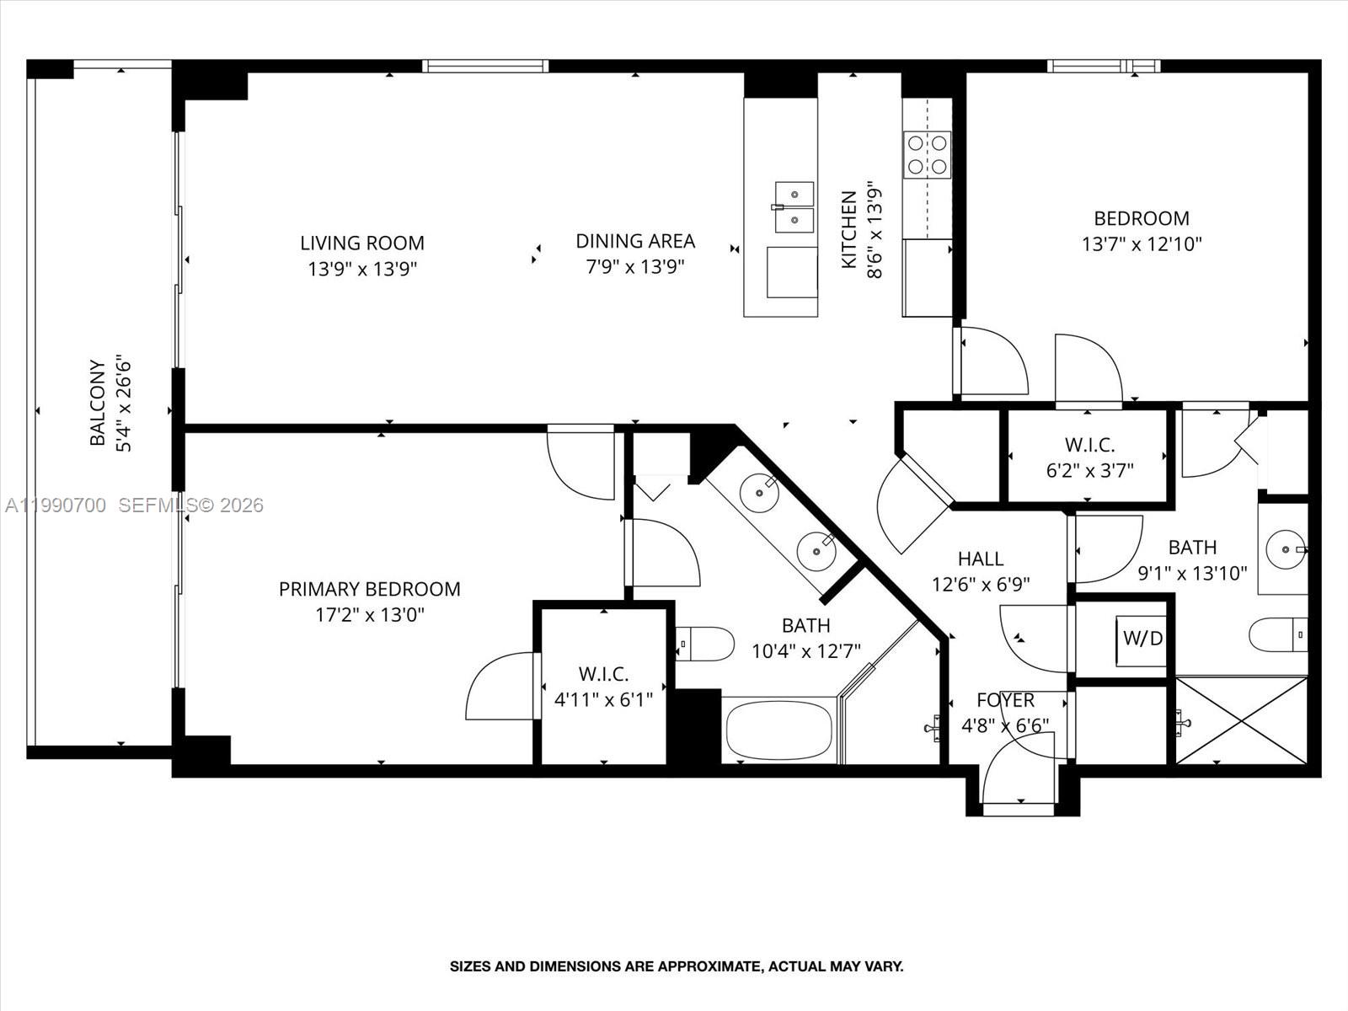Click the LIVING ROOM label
362,243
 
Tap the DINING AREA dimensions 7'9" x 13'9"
634,267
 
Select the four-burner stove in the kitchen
927,154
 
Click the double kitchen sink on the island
794,207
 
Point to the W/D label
1142,639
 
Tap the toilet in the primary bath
705,644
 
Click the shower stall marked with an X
1241,720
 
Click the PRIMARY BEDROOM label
369,589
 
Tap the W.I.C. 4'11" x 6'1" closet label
603,674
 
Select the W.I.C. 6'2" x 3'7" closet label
1089,445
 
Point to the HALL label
980,559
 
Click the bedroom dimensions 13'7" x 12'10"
1141,244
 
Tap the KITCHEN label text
849,230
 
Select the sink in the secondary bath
1286,548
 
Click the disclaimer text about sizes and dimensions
676,966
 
